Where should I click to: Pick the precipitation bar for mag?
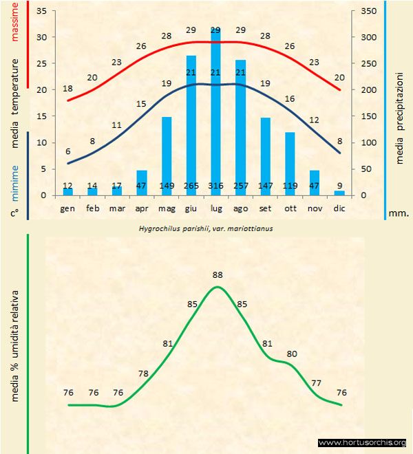click(x=167, y=155)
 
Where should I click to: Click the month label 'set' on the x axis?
click(x=265, y=207)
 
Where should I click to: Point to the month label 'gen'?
click(x=67, y=207)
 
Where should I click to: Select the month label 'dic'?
click(x=339, y=207)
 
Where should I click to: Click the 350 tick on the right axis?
click(x=368, y=12)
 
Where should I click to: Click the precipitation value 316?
click(x=215, y=186)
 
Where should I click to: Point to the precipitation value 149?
click(x=167, y=186)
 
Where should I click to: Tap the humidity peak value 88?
click(x=218, y=274)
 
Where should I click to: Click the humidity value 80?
click(x=292, y=354)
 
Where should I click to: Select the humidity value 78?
click(x=144, y=374)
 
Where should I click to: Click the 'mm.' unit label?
click(x=399, y=213)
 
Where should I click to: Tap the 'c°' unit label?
click(x=14, y=213)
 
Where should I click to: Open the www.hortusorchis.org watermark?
click(x=363, y=442)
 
